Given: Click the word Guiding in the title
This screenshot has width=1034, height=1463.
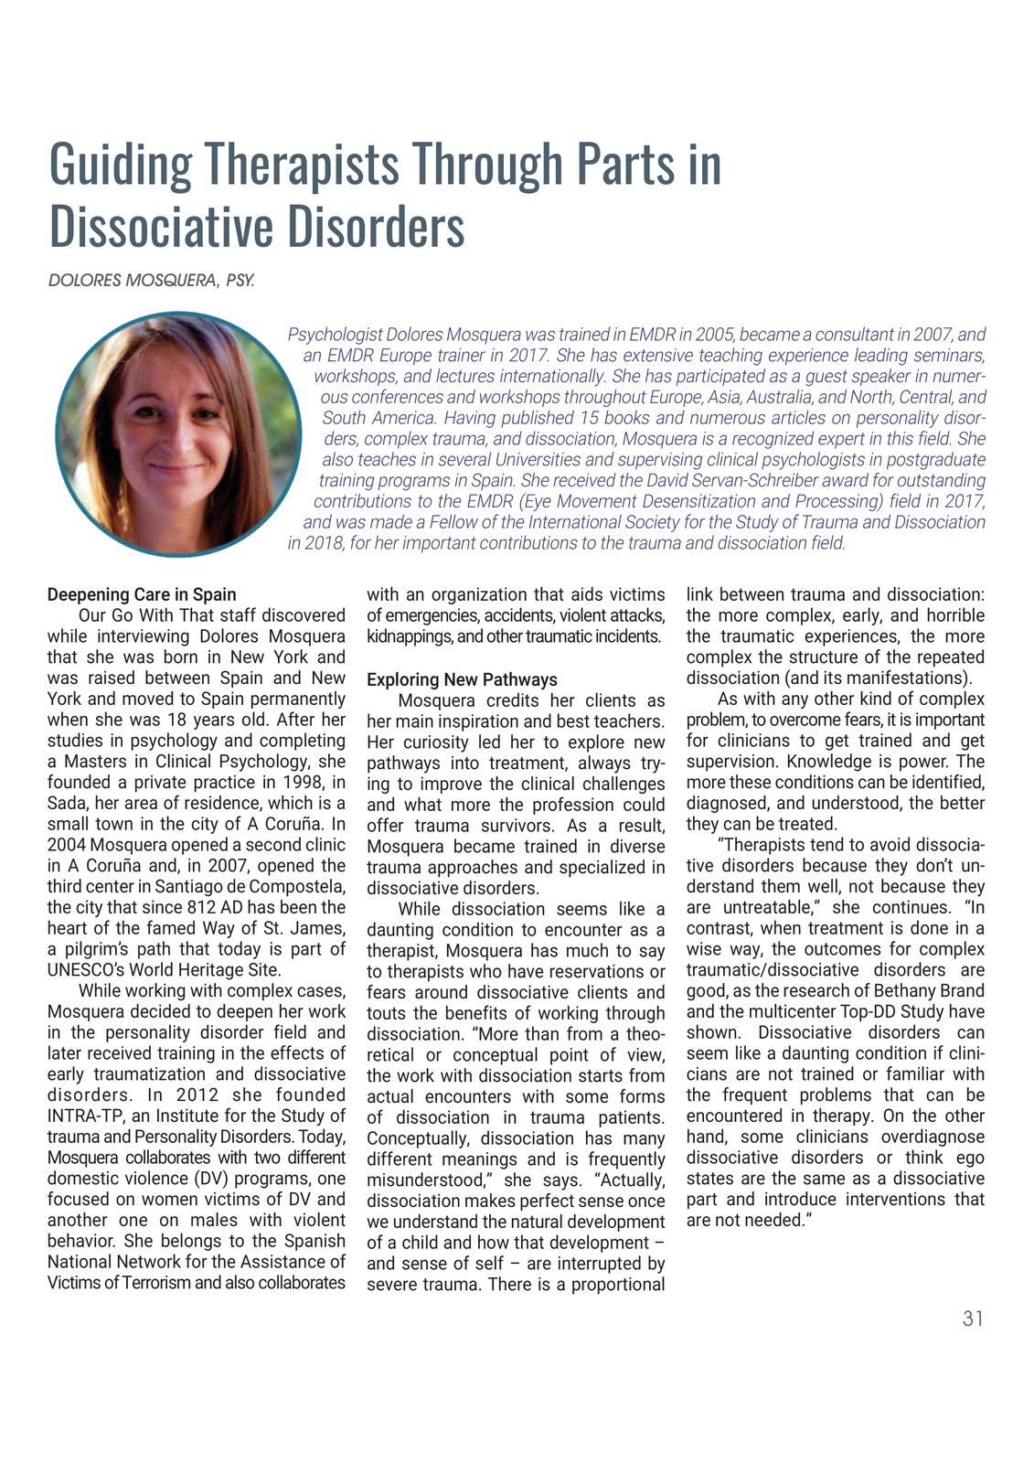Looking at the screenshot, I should (120, 165).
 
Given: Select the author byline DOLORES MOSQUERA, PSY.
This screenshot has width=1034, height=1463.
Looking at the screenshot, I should (151, 280).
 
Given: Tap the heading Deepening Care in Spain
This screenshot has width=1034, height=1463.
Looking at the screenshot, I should (142, 594).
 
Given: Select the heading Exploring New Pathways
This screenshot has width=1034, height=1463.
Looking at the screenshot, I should (462, 679).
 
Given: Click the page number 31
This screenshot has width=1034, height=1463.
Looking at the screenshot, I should (973, 1318).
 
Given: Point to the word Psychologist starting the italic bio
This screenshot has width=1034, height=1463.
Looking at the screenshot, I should (335, 335).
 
